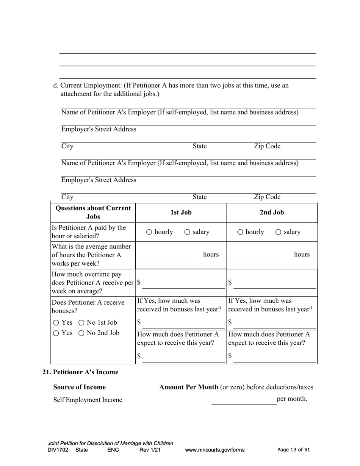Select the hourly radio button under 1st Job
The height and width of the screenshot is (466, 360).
point(149,232)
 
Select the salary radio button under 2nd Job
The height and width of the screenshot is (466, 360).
point(278,232)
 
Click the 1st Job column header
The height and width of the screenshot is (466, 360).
point(181,213)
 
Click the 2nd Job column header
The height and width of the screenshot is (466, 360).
point(272,213)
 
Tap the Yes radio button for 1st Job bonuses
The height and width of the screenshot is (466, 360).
point(56,323)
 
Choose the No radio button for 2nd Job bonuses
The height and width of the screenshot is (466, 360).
point(81,333)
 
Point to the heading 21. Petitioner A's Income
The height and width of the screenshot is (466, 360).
point(80,372)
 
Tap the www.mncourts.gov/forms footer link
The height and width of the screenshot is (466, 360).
point(214,450)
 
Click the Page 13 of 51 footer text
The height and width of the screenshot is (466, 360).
point(294,450)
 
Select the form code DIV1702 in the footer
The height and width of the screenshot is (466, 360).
point(58,450)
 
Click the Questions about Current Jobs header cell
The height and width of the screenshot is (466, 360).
point(93,213)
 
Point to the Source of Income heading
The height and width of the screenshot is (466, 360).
point(80,387)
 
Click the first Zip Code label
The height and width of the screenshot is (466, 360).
point(267,146)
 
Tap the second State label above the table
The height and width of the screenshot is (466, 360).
point(199,197)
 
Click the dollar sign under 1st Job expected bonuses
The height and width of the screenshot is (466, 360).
point(139,356)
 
